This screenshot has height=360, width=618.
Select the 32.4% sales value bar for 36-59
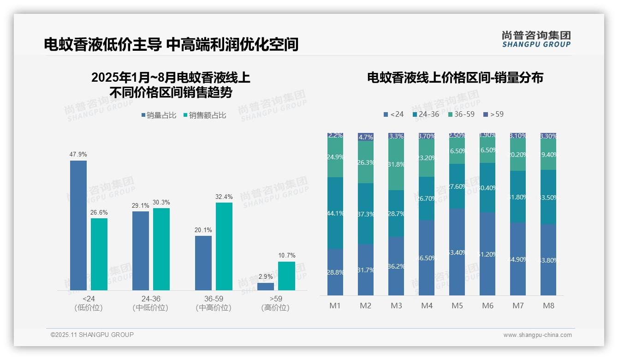click(224, 246)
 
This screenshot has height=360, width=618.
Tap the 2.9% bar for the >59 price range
click(266, 287)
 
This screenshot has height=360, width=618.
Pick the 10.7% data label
click(287, 255)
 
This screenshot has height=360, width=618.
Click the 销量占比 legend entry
click(159, 115)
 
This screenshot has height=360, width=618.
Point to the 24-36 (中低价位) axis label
click(150, 303)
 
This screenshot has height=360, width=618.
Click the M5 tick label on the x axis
click(457, 306)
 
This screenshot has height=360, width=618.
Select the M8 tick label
click(548, 306)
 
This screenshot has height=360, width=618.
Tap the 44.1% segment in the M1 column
click(335, 213)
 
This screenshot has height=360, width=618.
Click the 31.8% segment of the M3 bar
click(396, 164)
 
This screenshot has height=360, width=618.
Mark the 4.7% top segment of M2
click(366, 137)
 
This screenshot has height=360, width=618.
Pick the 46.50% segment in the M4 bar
click(427, 258)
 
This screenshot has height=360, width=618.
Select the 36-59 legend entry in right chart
click(461, 114)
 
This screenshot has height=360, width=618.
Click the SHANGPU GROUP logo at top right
click(536, 39)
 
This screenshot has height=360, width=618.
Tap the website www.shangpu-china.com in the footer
click(537, 335)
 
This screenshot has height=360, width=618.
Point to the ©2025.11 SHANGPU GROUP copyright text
click(92, 335)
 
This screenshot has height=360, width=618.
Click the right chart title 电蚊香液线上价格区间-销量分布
click(455, 78)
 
